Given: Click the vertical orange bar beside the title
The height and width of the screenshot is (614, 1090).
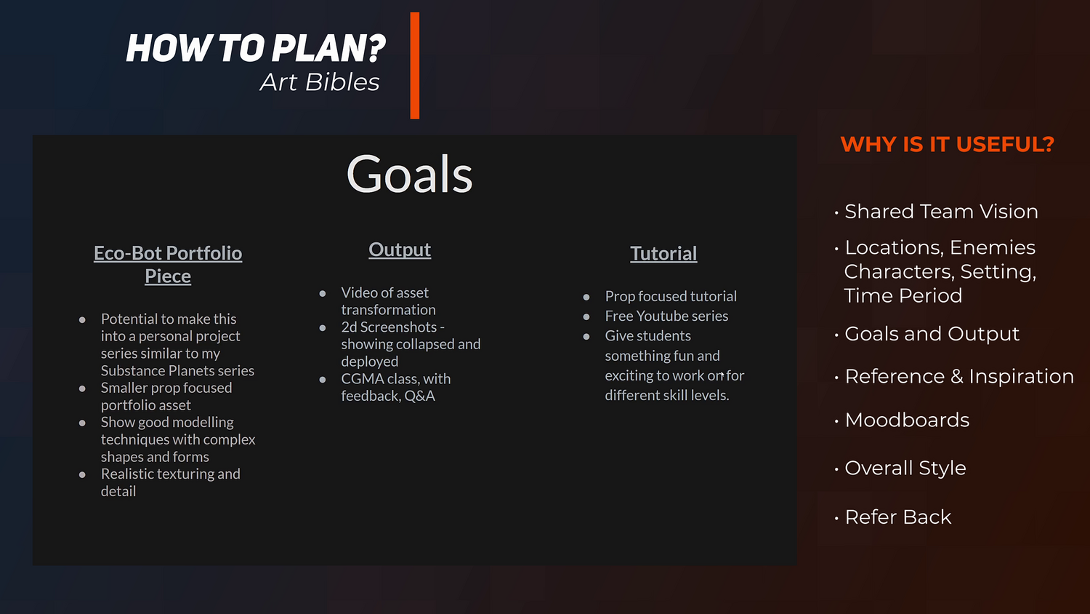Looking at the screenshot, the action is [x=415, y=65].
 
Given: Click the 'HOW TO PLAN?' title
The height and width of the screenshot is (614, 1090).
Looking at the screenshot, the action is [x=256, y=48].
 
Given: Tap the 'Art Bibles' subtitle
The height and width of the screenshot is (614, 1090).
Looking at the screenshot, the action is [x=320, y=82].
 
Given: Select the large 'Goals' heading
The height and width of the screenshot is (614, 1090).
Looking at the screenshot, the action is [x=409, y=174].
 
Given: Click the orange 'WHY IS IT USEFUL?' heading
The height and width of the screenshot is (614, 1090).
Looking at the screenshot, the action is [x=948, y=144].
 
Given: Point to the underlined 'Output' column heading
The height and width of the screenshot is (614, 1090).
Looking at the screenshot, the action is [x=400, y=250].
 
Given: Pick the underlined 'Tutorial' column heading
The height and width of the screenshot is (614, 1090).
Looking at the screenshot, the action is [x=663, y=253].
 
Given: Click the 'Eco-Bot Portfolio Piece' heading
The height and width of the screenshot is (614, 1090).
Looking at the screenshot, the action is [x=168, y=264].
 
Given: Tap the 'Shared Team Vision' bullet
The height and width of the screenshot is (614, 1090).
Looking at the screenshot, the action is [x=941, y=212].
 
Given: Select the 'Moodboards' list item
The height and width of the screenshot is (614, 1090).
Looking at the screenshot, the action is [x=907, y=420].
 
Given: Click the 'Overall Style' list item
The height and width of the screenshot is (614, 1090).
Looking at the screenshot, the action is [x=905, y=468].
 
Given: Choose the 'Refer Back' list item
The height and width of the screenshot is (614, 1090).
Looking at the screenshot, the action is [x=897, y=517].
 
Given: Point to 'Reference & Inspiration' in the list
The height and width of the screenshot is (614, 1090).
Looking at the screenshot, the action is [x=959, y=376].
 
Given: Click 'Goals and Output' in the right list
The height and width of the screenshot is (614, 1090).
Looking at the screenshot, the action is [x=932, y=335].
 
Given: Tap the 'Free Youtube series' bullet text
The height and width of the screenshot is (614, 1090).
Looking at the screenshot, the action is [x=666, y=316].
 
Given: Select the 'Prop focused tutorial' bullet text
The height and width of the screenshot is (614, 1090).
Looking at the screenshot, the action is [x=671, y=296].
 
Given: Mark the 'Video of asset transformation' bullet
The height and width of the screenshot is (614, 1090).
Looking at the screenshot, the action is [x=388, y=301].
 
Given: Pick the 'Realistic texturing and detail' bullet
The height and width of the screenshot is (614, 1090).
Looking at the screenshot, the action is [x=170, y=482].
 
